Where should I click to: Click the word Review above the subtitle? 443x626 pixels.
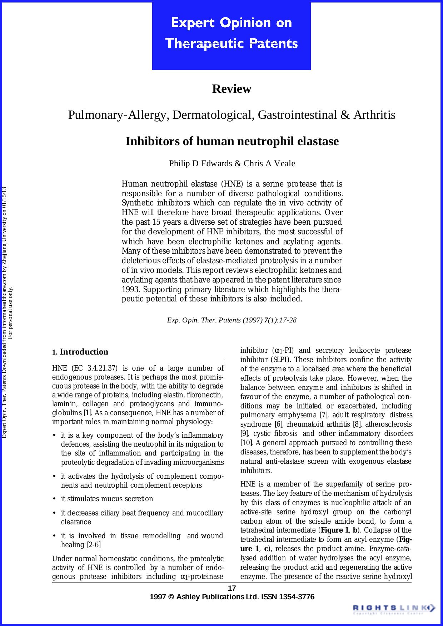(x=232, y=89)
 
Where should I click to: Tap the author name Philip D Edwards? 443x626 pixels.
(x=200, y=164)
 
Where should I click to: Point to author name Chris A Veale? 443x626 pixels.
(x=269, y=164)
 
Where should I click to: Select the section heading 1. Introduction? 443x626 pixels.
(x=80, y=352)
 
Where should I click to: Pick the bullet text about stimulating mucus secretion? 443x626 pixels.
(x=107, y=499)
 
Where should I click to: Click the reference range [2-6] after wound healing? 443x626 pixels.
(x=94, y=545)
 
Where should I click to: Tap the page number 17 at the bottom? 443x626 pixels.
(x=232, y=588)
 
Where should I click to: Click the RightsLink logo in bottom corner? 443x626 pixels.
(x=394, y=608)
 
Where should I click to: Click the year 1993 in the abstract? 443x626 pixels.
(x=128, y=289)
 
